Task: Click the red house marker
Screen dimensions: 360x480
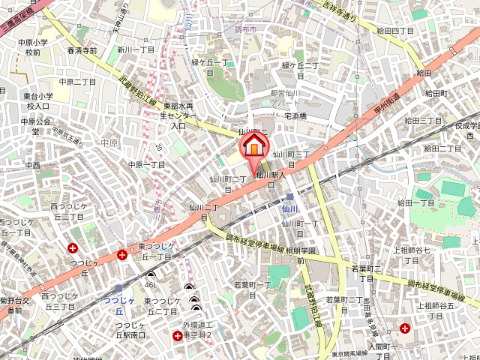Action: (253, 142)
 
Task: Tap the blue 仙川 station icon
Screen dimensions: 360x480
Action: (289, 198)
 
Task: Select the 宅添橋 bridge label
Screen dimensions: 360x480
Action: (294, 116)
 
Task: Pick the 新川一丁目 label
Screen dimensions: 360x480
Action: (136, 49)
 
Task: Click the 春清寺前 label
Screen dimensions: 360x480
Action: (82, 51)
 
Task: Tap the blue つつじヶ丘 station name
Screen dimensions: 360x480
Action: (119, 305)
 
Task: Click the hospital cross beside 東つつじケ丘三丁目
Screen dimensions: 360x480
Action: (122, 256)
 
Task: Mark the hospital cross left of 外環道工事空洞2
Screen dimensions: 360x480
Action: (177, 335)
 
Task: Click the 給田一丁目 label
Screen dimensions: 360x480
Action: (416, 203)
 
